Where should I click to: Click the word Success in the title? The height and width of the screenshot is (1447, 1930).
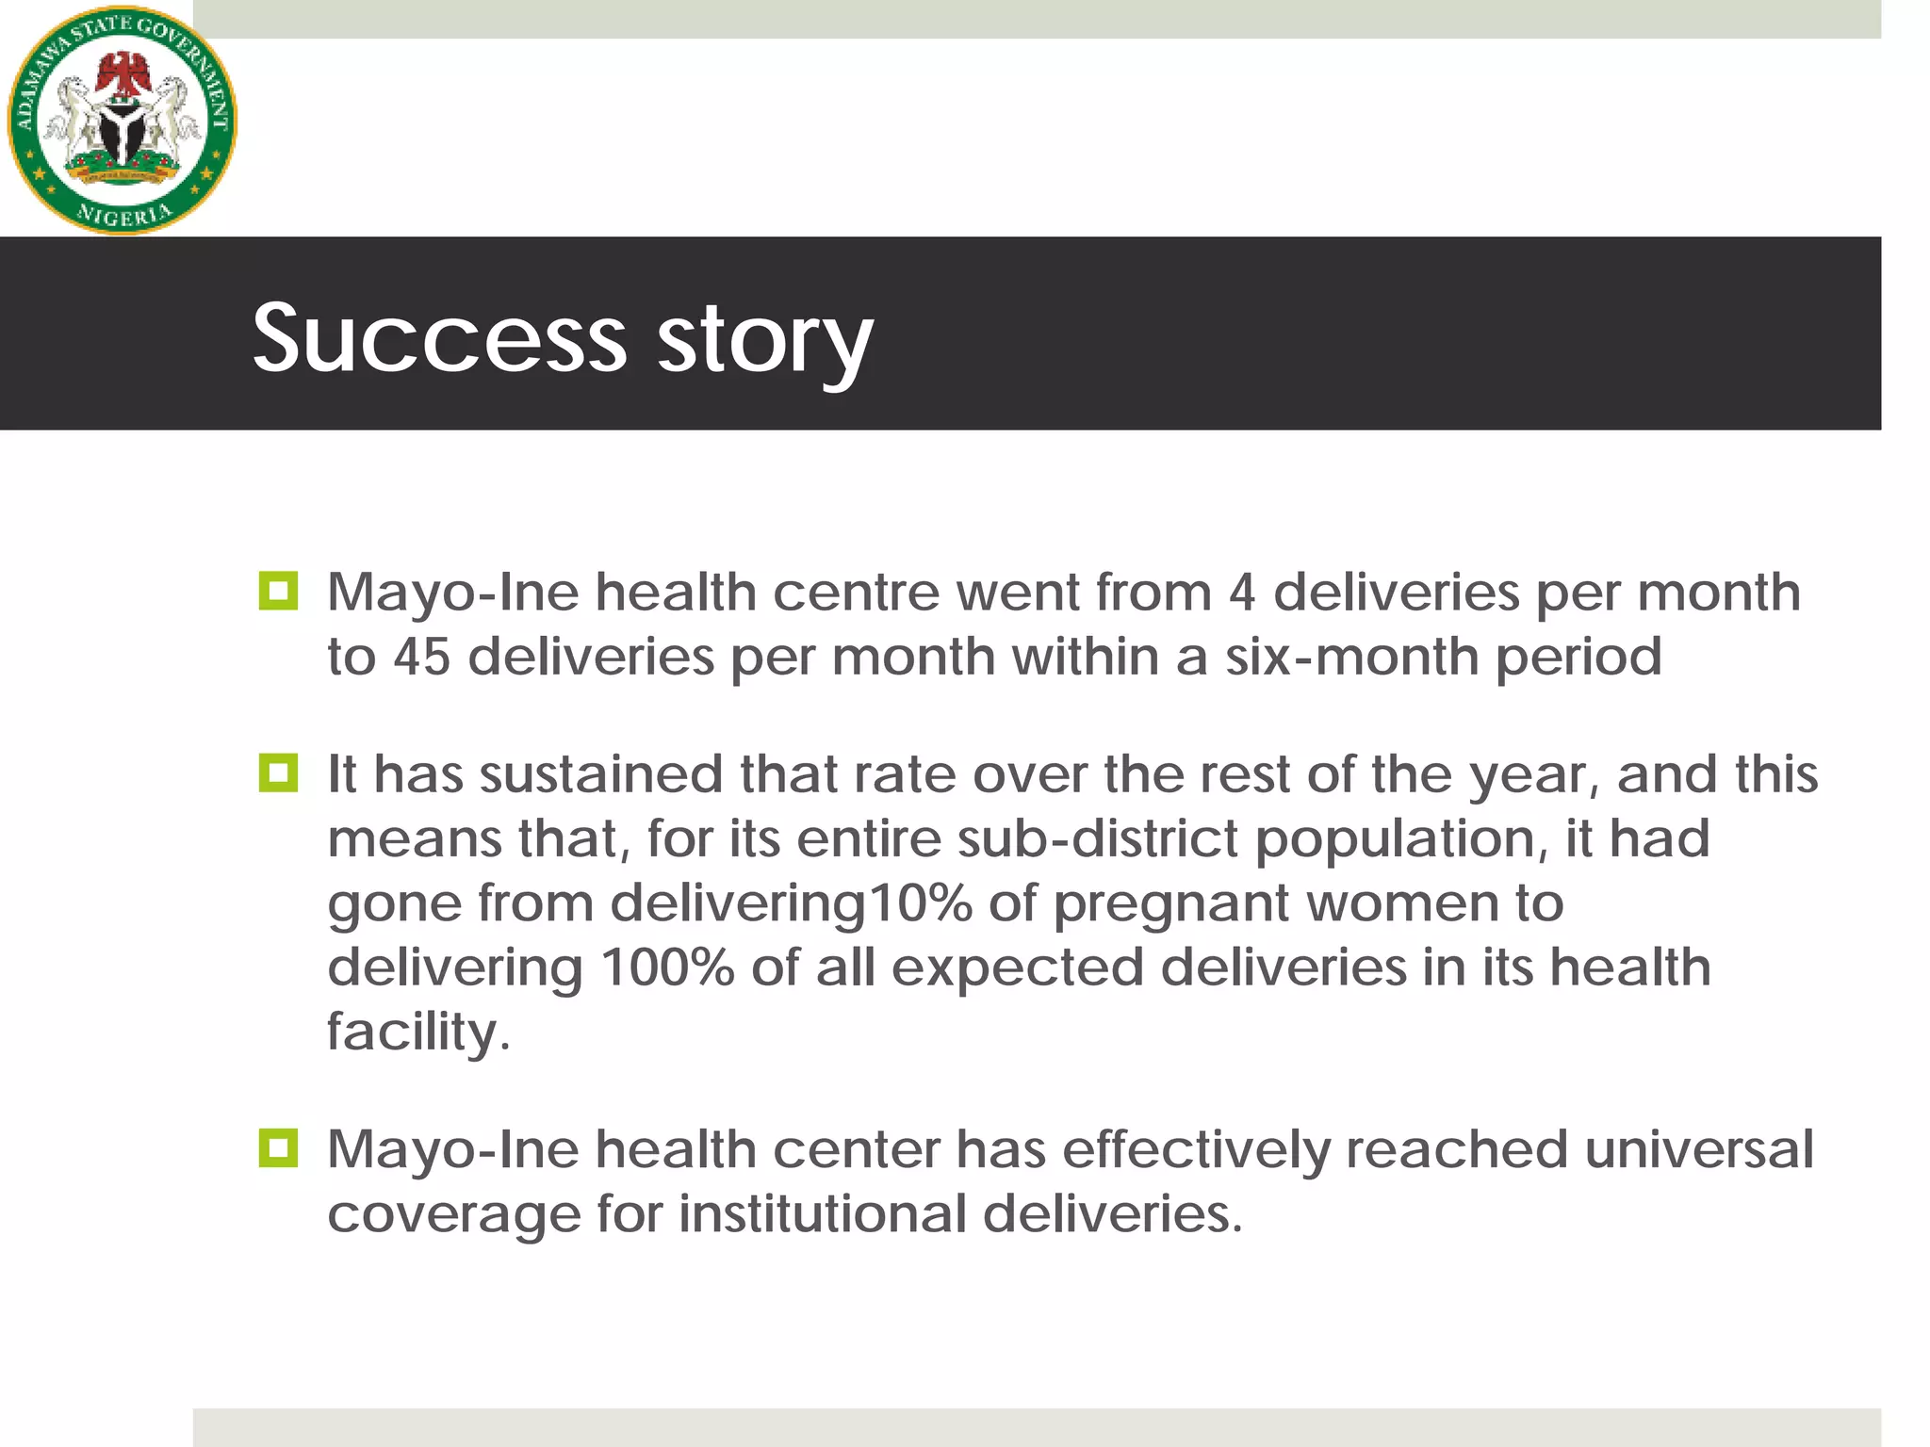(x=439, y=337)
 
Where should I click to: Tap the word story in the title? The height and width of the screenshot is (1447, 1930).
(x=764, y=341)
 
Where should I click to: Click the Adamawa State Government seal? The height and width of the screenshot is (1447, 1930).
(x=123, y=121)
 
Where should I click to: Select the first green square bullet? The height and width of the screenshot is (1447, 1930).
(x=278, y=592)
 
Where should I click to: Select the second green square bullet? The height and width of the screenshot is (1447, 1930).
(x=278, y=773)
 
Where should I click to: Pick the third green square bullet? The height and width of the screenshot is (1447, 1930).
(x=278, y=1148)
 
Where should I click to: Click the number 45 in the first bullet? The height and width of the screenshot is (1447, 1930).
(x=421, y=657)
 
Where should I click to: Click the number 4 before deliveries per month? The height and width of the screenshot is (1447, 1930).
(x=1242, y=593)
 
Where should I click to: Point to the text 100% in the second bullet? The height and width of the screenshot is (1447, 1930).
(x=667, y=967)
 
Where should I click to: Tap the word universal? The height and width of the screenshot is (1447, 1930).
(x=1698, y=1149)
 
